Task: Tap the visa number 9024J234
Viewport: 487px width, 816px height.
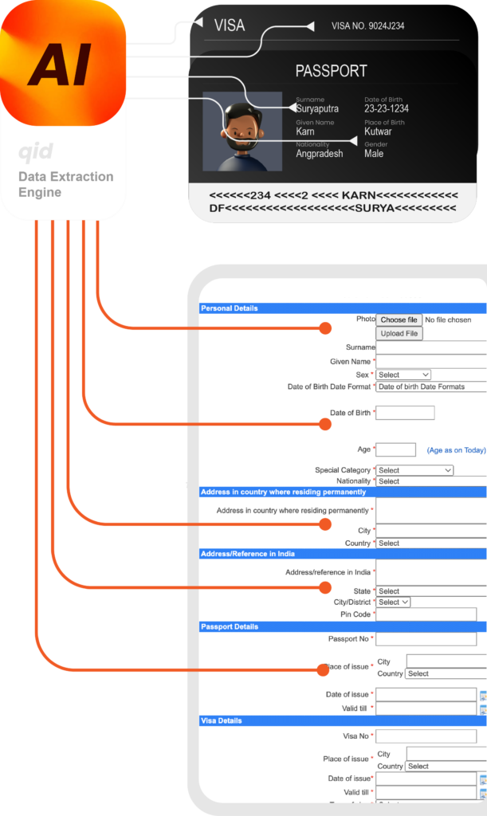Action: pyautogui.click(x=367, y=26)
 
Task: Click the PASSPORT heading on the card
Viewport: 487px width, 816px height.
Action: pyautogui.click(x=330, y=71)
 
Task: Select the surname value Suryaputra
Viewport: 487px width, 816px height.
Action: pyautogui.click(x=317, y=108)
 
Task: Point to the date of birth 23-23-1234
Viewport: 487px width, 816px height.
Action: pyautogui.click(x=387, y=108)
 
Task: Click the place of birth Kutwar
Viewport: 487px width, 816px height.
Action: pyautogui.click(x=378, y=131)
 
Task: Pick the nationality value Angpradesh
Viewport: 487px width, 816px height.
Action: pyautogui.click(x=320, y=154)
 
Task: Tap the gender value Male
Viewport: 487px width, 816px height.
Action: pyautogui.click(x=374, y=154)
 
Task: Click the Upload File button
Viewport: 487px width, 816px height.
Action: pyautogui.click(x=399, y=333)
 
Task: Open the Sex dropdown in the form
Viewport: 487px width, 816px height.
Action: pyautogui.click(x=403, y=375)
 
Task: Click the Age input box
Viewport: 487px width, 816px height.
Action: pyautogui.click(x=395, y=449)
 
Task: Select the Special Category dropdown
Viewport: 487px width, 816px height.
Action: pyautogui.click(x=414, y=470)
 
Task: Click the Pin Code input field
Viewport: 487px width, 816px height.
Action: pyautogui.click(x=426, y=614)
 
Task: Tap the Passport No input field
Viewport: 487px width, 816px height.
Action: pyautogui.click(x=426, y=639)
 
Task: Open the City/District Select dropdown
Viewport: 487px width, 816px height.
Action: pyautogui.click(x=393, y=602)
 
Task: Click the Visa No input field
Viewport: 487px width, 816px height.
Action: pyautogui.click(x=426, y=736)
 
